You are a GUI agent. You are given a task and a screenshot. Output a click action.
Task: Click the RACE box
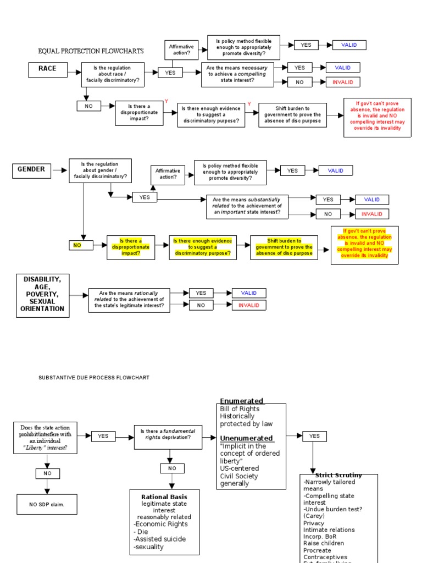(x=47, y=69)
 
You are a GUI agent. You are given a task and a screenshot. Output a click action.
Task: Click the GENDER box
(x=31, y=170)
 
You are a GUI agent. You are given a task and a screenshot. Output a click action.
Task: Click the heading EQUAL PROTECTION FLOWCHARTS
(x=91, y=51)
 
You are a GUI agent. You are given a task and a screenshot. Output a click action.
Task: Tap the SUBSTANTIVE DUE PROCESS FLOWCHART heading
(x=93, y=378)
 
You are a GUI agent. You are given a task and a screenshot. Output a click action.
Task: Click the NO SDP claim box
(x=47, y=504)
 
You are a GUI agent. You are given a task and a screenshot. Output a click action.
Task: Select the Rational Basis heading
(x=164, y=497)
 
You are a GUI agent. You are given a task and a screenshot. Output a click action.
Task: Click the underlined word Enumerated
(x=241, y=401)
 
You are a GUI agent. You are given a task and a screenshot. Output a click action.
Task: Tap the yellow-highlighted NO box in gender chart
(x=77, y=245)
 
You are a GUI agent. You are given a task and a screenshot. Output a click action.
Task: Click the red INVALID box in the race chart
(x=343, y=82)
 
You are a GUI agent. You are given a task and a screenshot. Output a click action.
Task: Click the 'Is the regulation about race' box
(x=113, y=74)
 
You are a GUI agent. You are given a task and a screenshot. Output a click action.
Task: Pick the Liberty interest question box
(x=46, y=438)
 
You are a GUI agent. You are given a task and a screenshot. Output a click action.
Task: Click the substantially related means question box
(x=247, y=206)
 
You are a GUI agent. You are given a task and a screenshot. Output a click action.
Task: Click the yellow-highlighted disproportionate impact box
(x=131, y=247)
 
